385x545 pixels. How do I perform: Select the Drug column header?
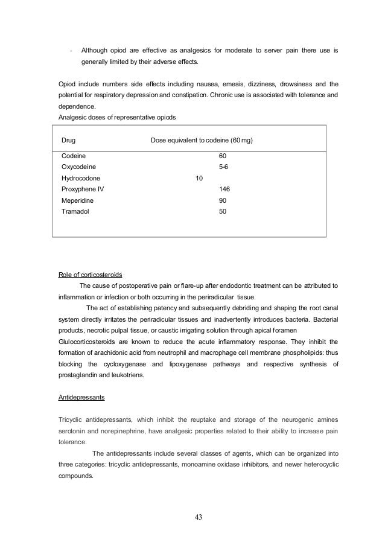point(68,140)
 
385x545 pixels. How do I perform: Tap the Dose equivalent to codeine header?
point(201,140)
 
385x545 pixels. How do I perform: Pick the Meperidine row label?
point(78,200)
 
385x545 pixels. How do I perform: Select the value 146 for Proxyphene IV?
point(224,189)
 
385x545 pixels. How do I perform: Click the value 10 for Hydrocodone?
point(199,178)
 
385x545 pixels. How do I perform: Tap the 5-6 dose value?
point(223,167)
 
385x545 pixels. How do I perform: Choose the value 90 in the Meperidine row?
point(222,200)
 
